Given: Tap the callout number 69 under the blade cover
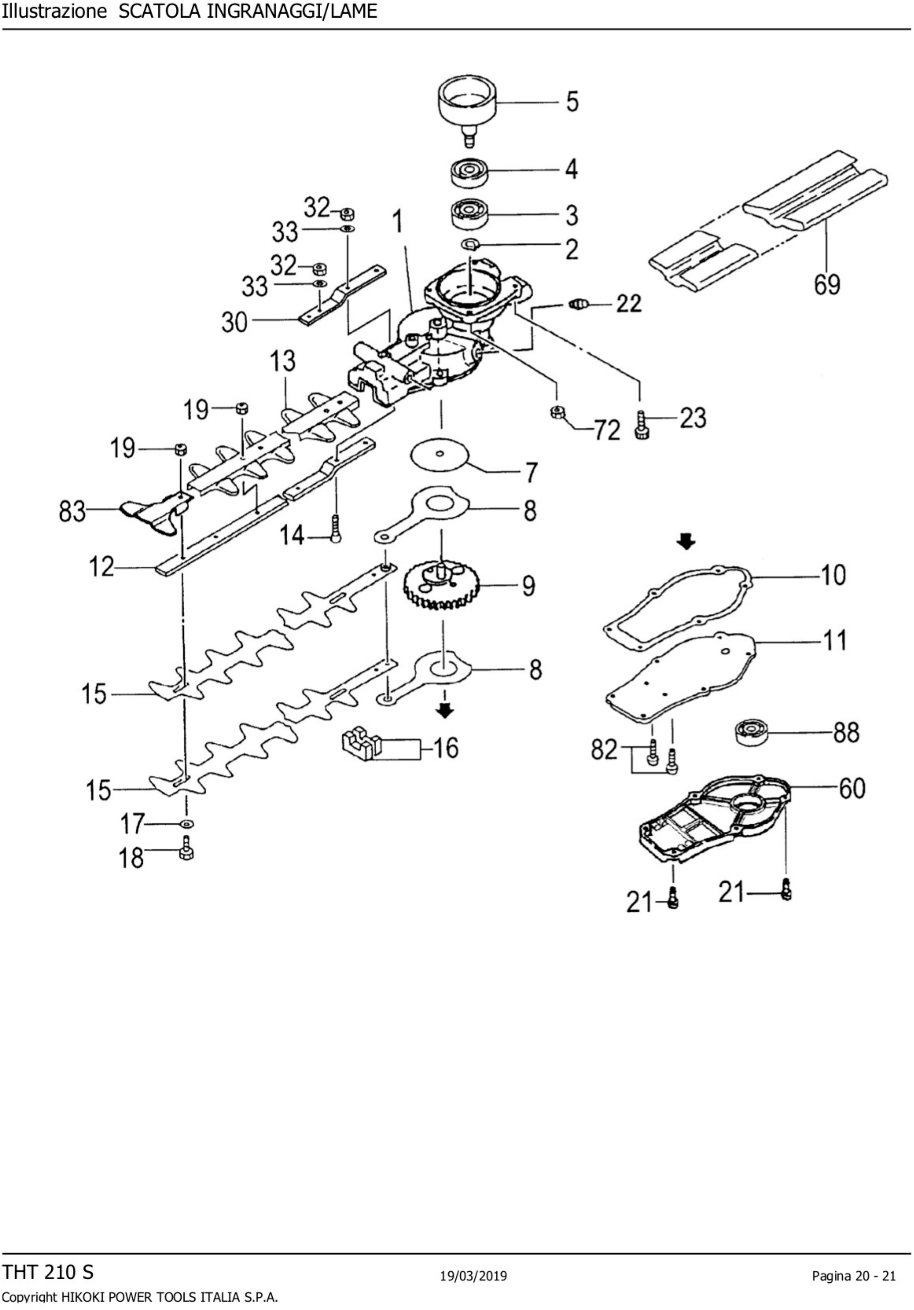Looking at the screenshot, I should click(x=827, y=284).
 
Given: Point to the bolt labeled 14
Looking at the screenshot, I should click(x=335, y=529).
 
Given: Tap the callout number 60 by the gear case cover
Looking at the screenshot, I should click(x=852, y=789).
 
